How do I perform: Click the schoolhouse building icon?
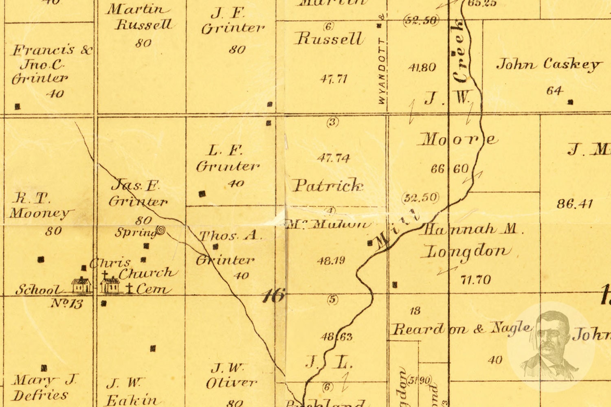click(x=81, y=285)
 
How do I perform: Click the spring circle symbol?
click(x=161, y=231)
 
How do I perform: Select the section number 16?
click(x=273, y=295)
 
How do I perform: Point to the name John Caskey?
click(x=548, y=64)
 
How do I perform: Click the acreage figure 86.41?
click(x=574, y=203)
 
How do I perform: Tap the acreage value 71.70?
click(x=475, y=280)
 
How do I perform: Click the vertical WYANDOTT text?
click(x=382, y=71)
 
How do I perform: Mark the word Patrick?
click(x=328, y=186)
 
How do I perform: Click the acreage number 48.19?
click(x=331, y=260)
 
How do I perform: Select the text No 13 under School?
click(x=67, y=303)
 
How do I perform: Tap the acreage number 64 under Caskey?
click(x=554, y=90)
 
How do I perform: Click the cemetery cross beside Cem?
click(x=130, y=289)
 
